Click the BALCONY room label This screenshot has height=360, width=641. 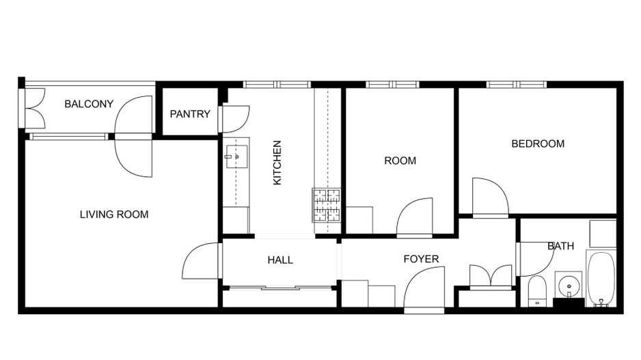89,104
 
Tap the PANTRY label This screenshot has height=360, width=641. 190,114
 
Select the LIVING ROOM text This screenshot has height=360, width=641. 114,214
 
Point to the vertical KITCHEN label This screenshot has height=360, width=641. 277,163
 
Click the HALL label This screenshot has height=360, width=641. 280,260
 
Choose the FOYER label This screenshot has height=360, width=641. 421,259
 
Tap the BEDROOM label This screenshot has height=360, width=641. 538,143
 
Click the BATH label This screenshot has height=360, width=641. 560,246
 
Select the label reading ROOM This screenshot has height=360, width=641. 400,161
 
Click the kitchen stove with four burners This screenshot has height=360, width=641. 327,204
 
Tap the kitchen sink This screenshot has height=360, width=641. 235,156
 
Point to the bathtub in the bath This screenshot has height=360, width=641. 601,279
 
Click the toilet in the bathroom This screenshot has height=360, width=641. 536,290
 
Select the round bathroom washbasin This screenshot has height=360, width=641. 568,283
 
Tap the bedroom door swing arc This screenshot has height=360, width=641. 490,197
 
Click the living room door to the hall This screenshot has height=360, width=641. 201,261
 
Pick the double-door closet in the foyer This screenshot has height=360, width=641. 491,277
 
